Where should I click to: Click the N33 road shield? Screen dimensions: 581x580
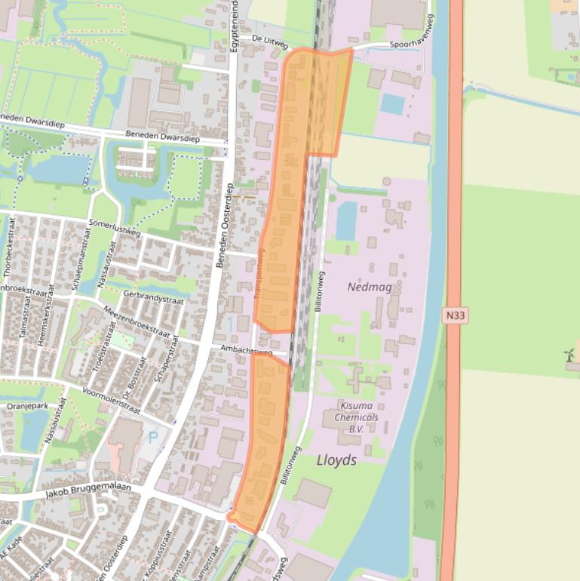454,316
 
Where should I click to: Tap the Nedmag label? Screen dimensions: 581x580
367,287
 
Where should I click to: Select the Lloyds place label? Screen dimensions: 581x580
336,460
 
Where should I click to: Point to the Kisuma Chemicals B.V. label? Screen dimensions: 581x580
356,417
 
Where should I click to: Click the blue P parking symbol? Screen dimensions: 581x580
155,437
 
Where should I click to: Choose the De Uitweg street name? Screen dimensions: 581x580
269,41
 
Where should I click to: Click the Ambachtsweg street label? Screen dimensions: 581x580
247,350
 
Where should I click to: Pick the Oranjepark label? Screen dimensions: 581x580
27,406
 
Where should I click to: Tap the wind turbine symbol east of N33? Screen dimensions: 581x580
571,355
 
